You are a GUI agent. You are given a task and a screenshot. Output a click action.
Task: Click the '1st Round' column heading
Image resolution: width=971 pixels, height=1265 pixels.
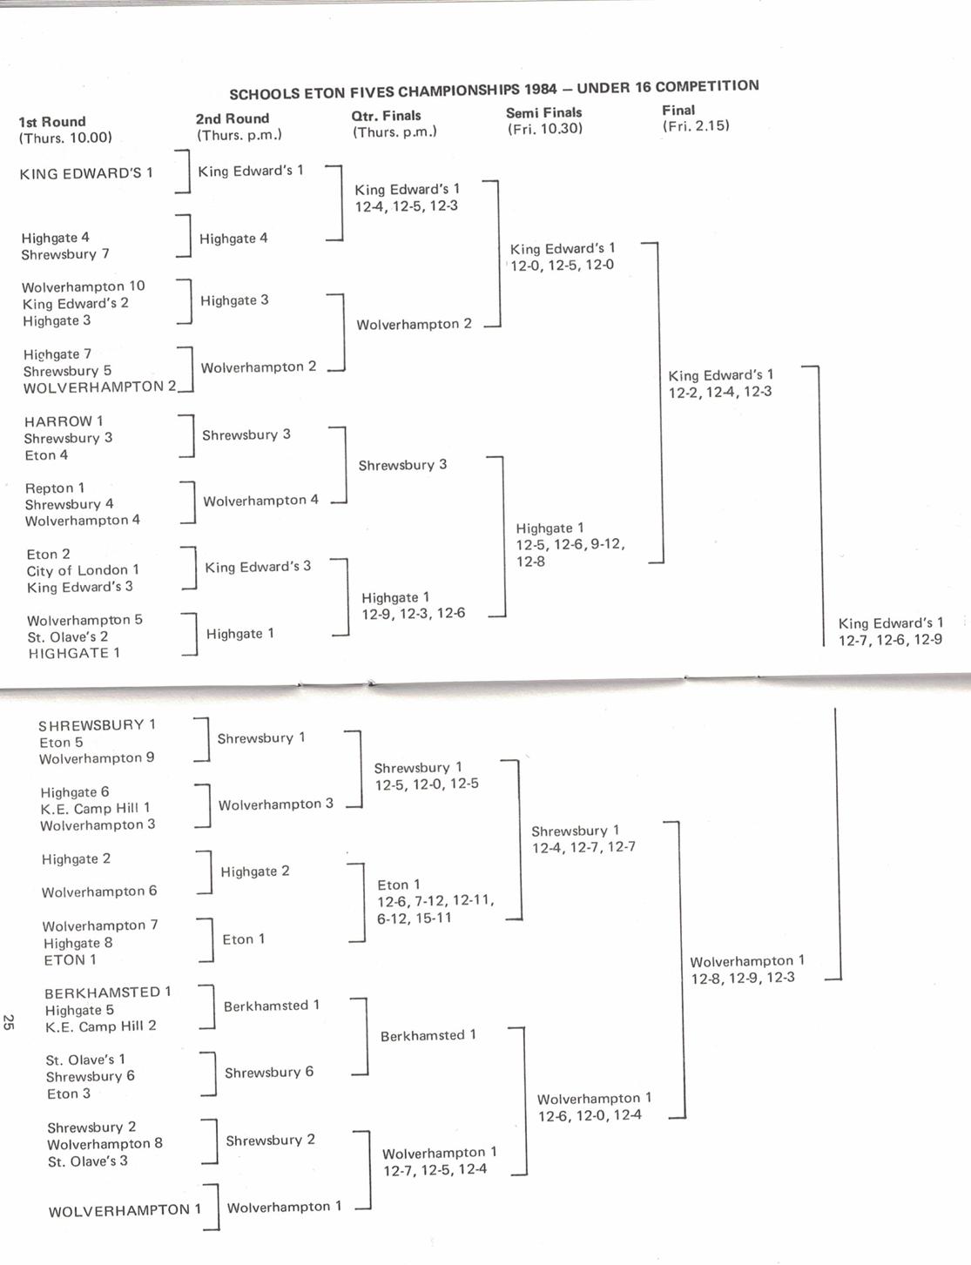point(52,122)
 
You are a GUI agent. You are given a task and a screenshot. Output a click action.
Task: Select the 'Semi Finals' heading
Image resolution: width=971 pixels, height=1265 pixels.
point(543,112)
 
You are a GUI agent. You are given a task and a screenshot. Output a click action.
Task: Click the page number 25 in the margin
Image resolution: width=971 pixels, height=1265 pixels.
point(9,1022)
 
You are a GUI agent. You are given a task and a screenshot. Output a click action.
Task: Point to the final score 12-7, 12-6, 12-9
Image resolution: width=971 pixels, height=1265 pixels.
point(890,640)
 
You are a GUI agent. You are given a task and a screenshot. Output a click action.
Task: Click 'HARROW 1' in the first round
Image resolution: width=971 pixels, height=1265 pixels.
point(64,421)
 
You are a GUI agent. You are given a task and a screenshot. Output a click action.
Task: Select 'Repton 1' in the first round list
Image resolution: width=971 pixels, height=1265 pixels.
point(55,488)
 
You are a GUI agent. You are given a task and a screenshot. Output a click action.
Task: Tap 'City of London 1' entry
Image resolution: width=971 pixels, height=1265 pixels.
point(83,570)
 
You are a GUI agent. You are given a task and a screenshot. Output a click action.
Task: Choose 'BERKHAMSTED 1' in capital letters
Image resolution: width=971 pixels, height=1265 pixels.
point(108,992)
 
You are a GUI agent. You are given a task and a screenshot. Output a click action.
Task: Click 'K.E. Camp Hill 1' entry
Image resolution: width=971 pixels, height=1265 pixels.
point(95,808)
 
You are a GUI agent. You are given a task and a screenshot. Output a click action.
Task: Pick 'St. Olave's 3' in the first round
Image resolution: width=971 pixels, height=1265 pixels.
point(88,1161)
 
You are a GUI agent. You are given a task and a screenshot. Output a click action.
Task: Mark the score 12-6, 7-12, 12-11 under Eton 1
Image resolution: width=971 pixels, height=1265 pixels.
point(435,901)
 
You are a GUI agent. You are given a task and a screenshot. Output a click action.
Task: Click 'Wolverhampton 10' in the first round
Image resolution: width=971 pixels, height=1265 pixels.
point(84,286)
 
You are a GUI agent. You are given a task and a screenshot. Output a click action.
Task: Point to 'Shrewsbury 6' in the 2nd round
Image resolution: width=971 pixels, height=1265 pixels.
point(269,1073)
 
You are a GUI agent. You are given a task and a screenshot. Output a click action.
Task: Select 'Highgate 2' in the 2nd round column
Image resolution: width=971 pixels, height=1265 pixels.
point(255,871)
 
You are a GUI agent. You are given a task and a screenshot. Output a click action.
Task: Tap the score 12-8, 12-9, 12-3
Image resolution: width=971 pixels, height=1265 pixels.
point(743,978)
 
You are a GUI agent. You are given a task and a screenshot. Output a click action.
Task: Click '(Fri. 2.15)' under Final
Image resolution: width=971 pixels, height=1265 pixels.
point(696,126)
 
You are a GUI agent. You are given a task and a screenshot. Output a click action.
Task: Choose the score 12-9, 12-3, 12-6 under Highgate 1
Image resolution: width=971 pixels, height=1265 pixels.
point(414,614)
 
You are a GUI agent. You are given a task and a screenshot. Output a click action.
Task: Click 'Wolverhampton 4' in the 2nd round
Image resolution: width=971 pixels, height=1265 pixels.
point(261,501)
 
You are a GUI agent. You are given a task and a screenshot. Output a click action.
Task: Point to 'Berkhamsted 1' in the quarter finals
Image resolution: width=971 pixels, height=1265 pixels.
point(428,1036)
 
